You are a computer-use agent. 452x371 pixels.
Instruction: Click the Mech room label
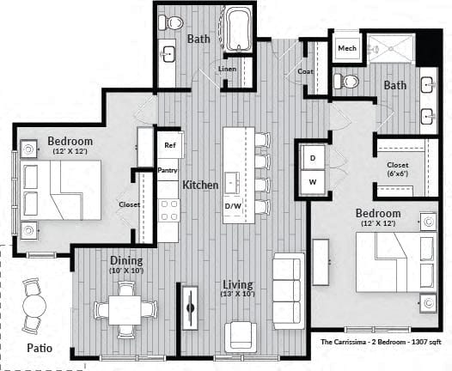coord(347,48)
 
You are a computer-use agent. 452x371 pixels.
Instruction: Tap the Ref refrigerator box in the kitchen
coord(170,144)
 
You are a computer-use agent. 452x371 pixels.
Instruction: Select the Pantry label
coord(168,170)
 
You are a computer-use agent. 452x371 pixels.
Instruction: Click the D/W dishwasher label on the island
coord(233,206)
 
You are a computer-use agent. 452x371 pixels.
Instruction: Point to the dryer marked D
coord(313,158)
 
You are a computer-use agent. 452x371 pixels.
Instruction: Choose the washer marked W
coord(313,182)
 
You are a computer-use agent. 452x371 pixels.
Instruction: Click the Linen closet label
coord(227,69)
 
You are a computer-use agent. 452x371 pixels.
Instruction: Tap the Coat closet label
coord(305,71)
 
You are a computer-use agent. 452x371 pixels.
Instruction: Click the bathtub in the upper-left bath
coord(237,29)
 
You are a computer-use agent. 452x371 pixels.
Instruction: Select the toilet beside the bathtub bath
coord(171,22)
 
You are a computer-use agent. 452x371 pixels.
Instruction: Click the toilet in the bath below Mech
coord(346,82)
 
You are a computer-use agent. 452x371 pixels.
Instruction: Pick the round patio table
coord(34,306)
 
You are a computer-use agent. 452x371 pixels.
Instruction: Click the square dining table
coord(125,310)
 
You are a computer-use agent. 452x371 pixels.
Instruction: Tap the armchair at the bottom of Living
coord(241,337)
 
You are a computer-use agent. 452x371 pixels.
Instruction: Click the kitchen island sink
coord(232,183)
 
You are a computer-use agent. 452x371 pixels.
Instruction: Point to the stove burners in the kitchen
coord(169,210)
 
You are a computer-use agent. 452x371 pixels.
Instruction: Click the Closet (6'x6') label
coord(398,169)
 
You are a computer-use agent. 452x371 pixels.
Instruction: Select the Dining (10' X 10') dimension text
coord(126,271)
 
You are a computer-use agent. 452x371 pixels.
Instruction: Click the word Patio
coord(40,348)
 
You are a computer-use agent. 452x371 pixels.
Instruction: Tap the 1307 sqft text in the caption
coord(426,342)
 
